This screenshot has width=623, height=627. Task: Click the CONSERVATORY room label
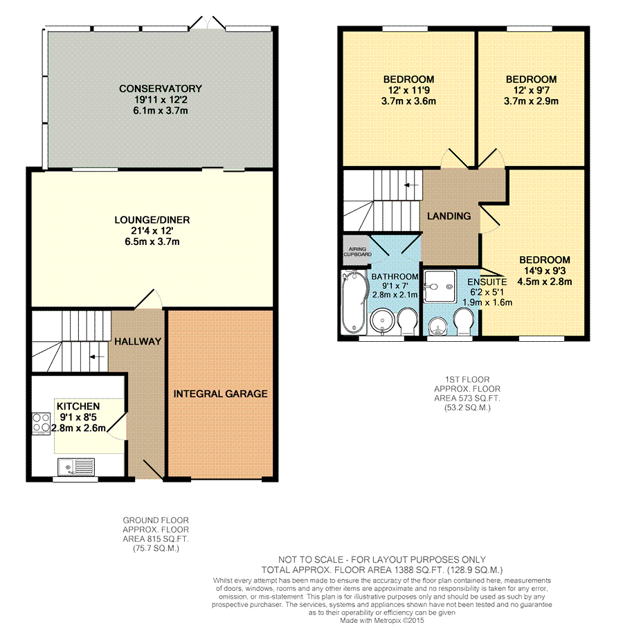(x=161, y=89)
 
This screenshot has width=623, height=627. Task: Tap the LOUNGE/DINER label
(x=152, y=219)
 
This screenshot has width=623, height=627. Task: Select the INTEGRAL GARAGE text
(x=220, y=394)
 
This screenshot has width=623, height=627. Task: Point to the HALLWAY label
(x=138, y=341)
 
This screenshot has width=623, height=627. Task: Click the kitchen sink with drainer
(x=76, y=466)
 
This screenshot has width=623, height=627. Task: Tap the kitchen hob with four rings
(x=41, y=424)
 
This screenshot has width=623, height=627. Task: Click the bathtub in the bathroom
(x=354, y=302)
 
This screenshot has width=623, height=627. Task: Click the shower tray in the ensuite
(x=440, y=287)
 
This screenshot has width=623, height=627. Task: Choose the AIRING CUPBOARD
(x=357, y=251)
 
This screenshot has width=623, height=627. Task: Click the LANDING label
(x=449, y=217)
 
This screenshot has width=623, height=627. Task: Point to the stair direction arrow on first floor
(x=411, y=185)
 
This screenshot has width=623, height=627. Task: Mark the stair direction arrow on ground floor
(x=97, y=356)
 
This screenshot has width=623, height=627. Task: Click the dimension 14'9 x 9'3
(x=545, y=271)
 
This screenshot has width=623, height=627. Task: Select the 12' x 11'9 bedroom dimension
(x=408, y=91)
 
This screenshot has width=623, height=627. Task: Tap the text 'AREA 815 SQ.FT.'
(x=156, y=539)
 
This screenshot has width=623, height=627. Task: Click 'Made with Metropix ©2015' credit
(x=382, y=621)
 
